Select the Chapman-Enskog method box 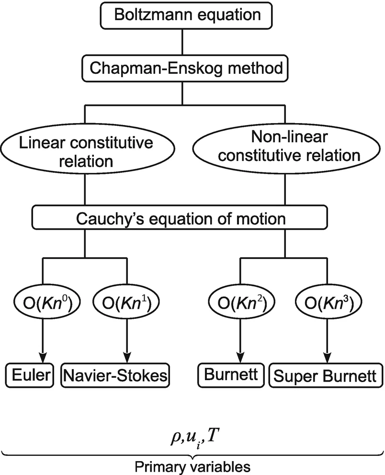(182, 69)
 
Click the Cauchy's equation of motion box (182, 219)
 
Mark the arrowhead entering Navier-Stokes (127, 357)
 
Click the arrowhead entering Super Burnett (327, 357)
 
